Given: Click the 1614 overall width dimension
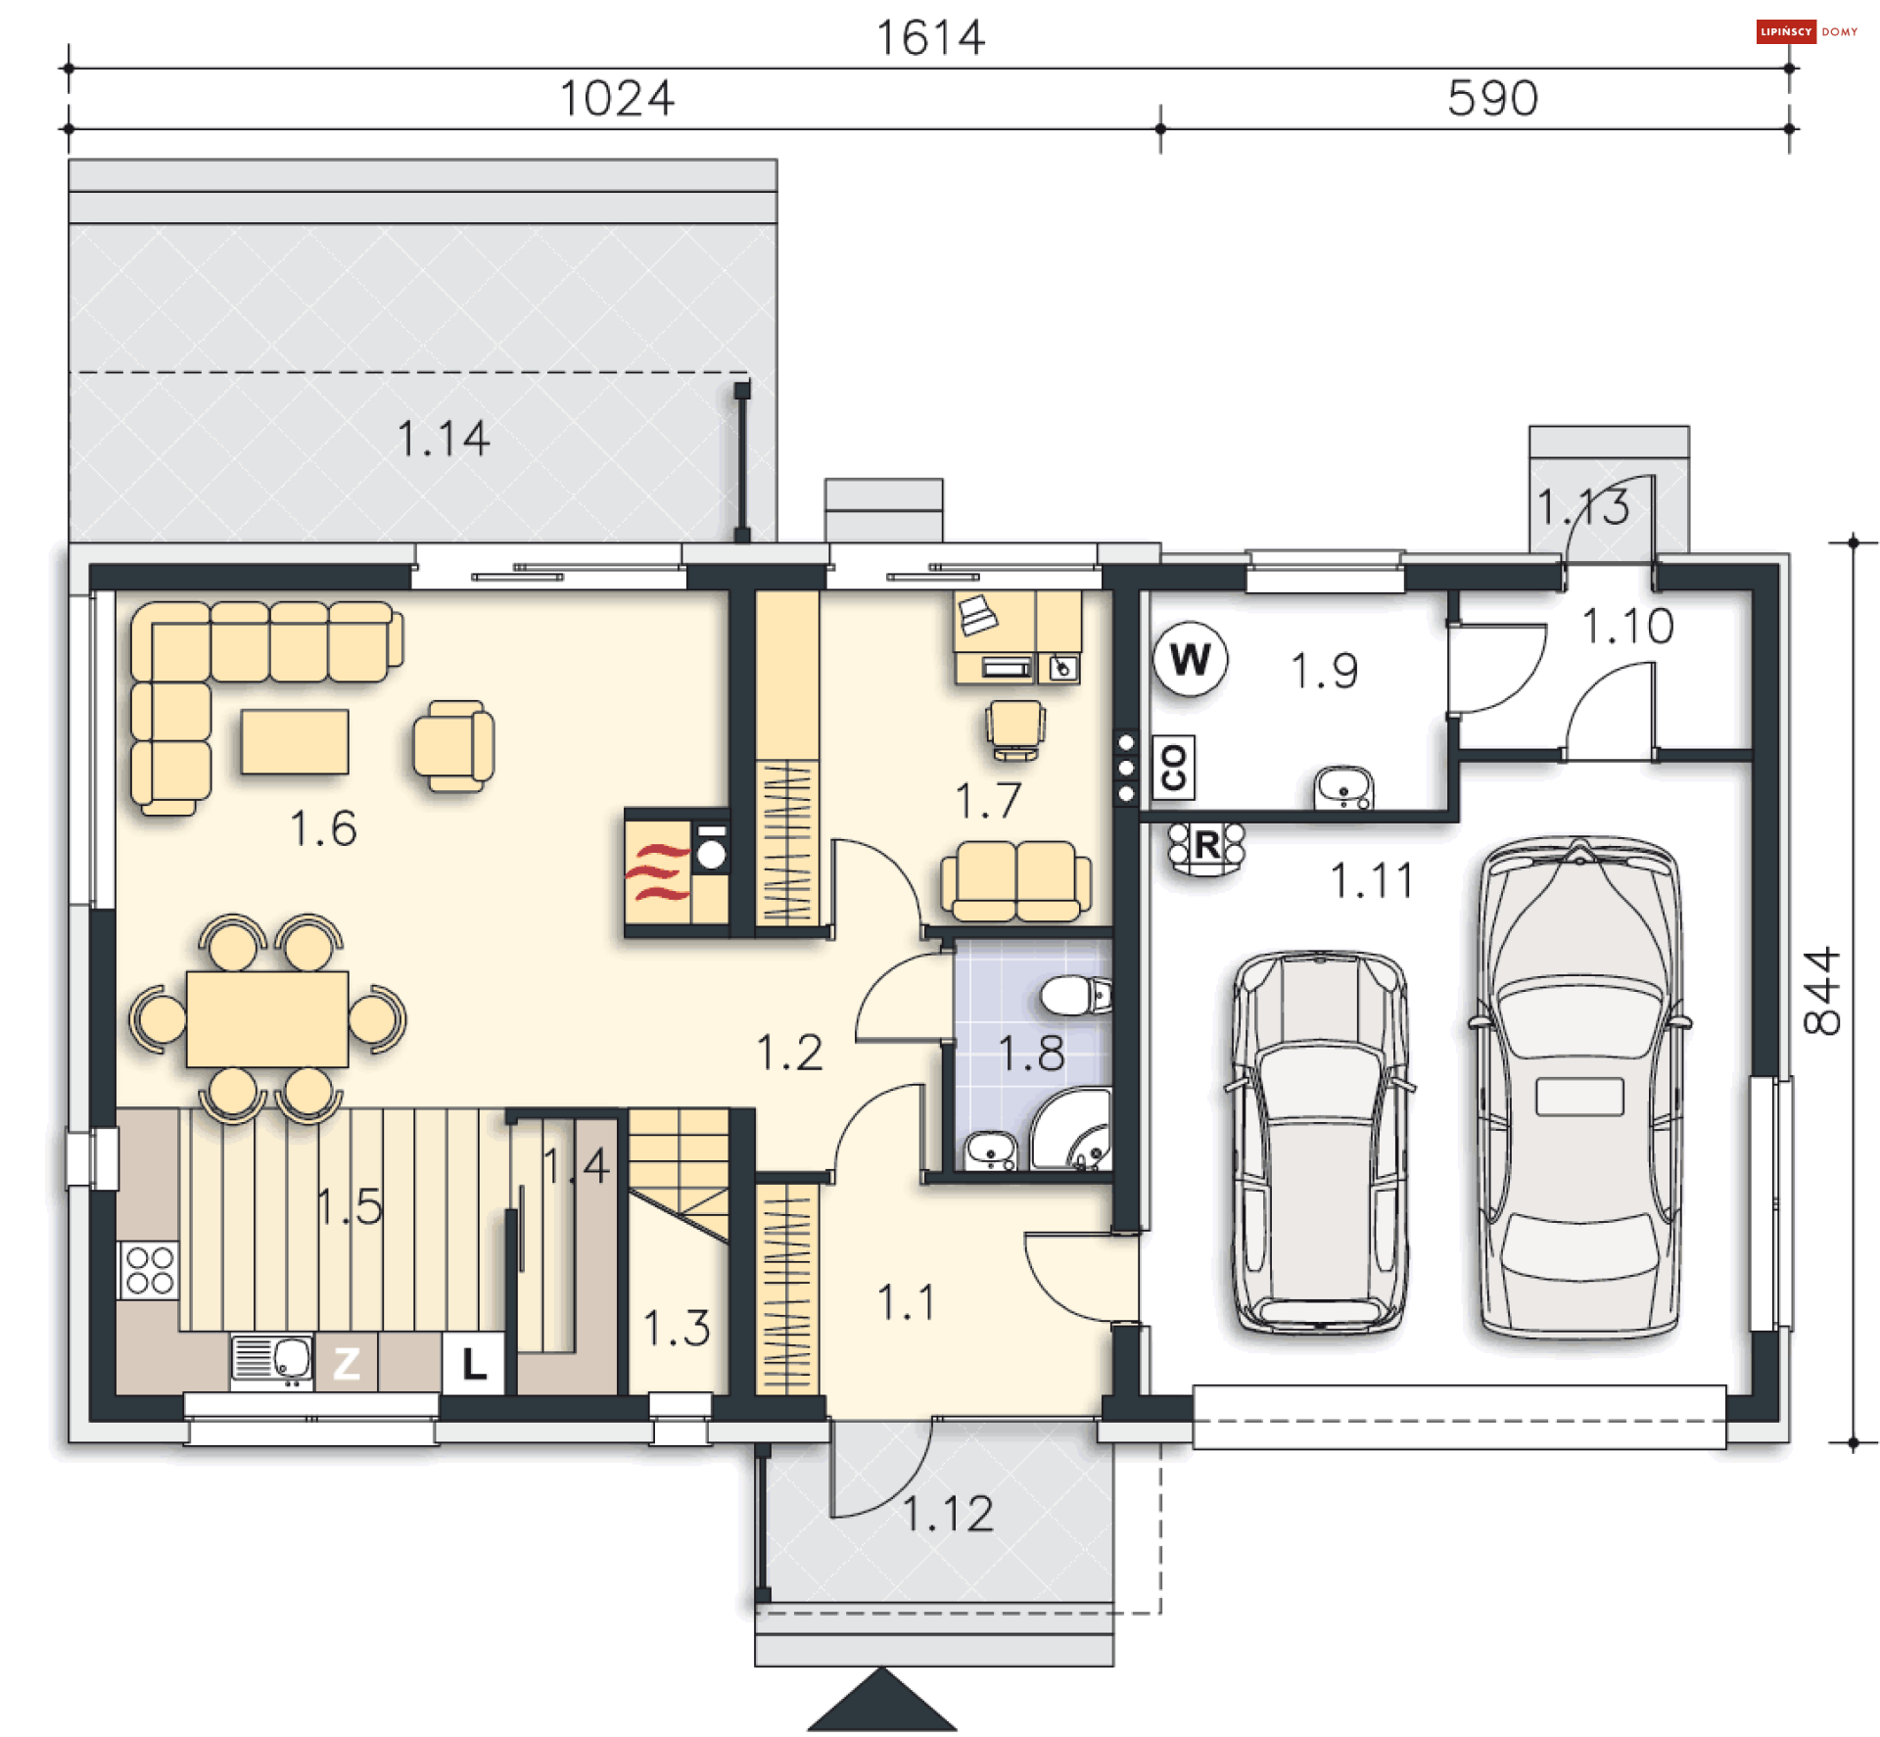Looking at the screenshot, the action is click(929, 38).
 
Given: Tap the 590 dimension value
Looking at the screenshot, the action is click(1492, 98).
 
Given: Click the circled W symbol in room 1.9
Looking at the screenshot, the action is click(1190, 659).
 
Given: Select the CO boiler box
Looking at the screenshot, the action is click(1173, 767).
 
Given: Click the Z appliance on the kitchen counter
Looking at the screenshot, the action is click(346, 1362).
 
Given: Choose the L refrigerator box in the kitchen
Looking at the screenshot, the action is click(474, 1362).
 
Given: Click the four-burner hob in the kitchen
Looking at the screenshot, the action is click(149, 1270).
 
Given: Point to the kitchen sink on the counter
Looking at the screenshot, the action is click(272, 1361).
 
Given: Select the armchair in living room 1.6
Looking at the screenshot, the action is click(453, 746).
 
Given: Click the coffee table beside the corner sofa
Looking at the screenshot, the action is click(295, 741).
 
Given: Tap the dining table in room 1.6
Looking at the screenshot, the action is click(267, 1018).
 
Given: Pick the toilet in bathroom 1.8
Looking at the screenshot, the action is click(1075, 996).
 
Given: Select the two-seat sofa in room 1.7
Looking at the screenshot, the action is click(1015, 881).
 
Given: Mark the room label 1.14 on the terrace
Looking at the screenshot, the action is click(443, 438).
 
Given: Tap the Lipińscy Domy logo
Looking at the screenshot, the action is click(1807, 31).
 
